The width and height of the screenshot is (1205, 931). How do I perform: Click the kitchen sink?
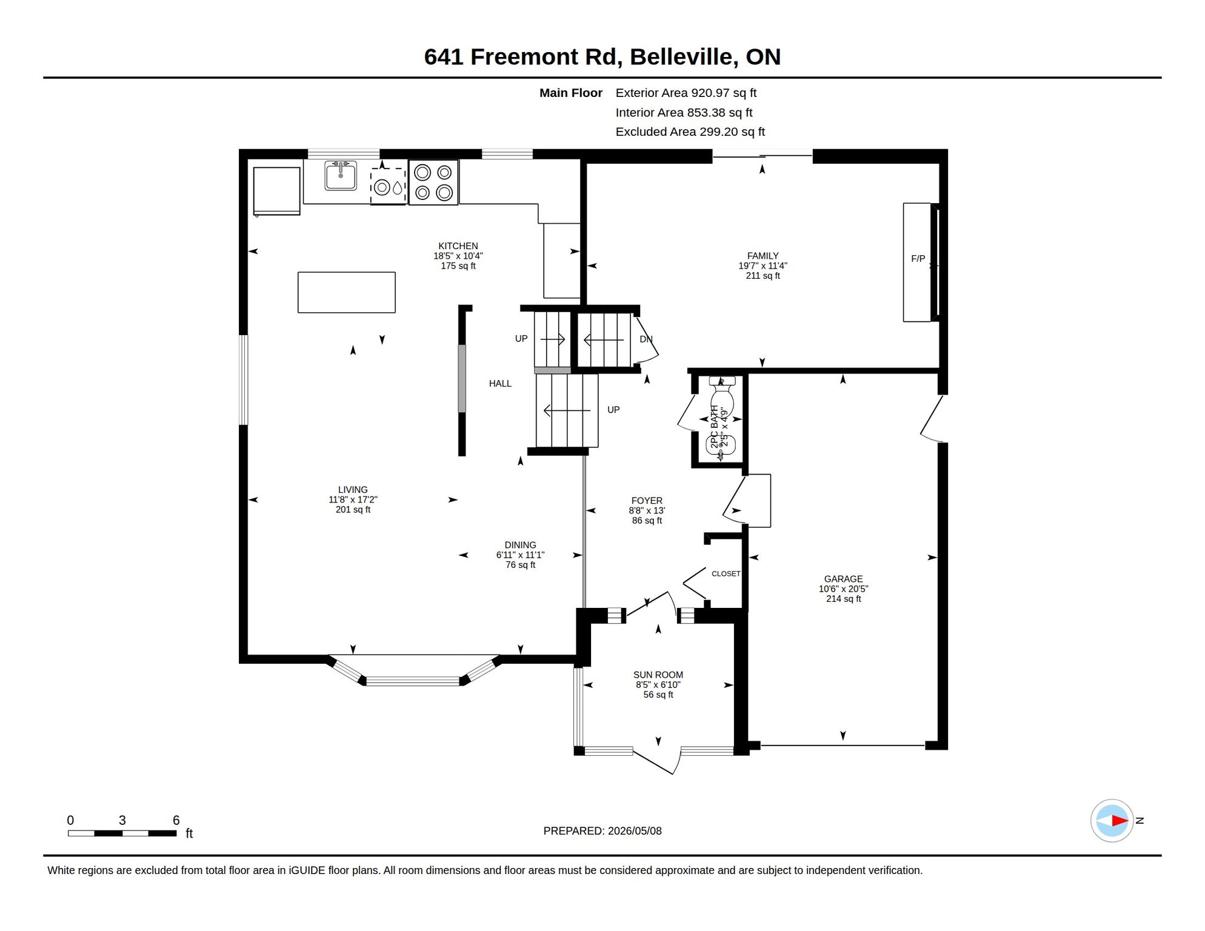341,175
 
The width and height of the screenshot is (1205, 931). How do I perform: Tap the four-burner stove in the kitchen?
433,182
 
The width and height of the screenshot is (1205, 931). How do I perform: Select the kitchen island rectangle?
347,292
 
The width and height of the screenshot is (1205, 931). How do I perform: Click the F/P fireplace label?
918,259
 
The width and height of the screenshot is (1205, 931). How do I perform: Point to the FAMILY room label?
763,256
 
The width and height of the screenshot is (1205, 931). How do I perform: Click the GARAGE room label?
843,579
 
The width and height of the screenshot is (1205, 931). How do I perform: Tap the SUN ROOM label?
658,675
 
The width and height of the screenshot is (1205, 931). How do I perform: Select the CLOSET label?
726,573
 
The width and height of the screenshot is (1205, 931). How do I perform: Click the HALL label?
500,384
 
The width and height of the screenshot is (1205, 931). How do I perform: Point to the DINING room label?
520,545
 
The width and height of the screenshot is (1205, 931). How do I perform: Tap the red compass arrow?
1119,821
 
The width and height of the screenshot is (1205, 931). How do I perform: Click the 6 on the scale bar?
176,820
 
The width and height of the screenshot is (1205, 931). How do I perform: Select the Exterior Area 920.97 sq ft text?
686,93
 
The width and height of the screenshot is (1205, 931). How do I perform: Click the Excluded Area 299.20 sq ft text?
690,132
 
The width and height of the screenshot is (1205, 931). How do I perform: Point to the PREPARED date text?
602,831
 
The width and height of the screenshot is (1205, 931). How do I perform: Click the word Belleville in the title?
684,57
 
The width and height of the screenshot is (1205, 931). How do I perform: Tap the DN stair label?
646,339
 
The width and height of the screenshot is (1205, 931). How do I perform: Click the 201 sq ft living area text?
353,510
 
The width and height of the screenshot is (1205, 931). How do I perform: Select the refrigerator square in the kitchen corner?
276,191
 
